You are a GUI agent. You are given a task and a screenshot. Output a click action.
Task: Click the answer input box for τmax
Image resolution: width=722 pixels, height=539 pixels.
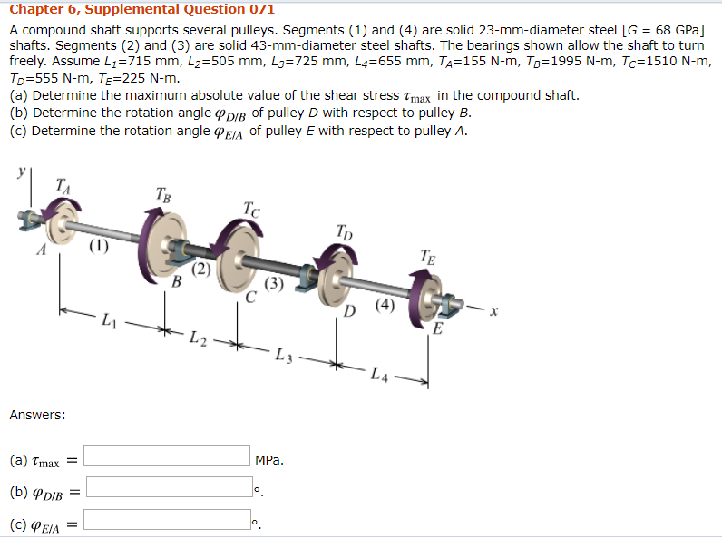coord(168,455)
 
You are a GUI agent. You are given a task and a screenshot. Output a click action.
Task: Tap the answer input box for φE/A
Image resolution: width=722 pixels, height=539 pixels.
coord(168,520)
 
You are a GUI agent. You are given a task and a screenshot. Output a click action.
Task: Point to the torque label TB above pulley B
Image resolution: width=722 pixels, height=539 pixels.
coord(162,193)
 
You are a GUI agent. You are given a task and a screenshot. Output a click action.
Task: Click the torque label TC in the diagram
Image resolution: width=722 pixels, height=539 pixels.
coord(251,210)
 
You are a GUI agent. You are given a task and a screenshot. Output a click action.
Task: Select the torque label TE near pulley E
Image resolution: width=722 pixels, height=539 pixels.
coord(430,256)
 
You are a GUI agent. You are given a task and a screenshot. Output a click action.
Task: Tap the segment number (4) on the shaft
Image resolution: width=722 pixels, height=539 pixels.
coord(385,305)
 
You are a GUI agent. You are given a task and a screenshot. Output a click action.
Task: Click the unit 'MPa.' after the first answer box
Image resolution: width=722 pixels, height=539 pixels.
coord(269,460)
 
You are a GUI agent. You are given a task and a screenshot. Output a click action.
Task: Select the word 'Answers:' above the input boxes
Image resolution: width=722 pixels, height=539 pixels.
coord(37,415)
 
